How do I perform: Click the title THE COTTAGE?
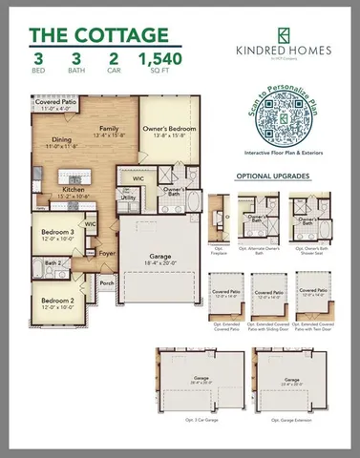pos(96,35)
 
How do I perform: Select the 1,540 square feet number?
pos(161,62)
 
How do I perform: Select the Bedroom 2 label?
pos(57,302)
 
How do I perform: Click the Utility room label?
pos(129,198)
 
